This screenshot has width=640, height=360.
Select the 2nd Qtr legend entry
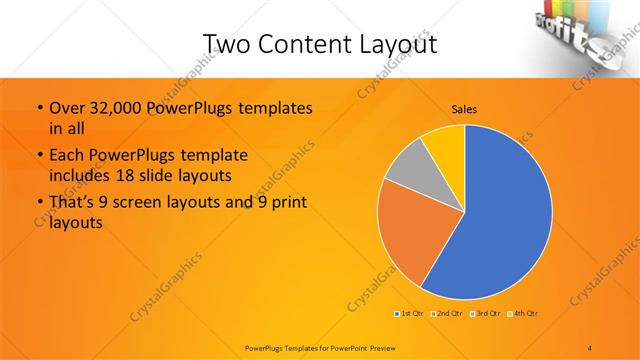pos(445,314)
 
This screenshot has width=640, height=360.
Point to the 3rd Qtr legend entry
pos(485,314)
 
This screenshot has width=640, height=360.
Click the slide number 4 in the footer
pos(589,347)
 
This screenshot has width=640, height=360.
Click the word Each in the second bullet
pos(66,156)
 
